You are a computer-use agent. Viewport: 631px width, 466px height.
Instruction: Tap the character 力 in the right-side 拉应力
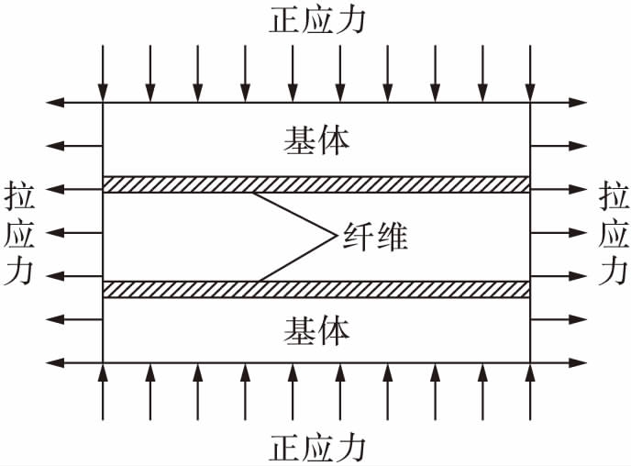(x=614, y=273)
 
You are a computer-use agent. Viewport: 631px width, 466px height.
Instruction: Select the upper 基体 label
(x=316, y=140)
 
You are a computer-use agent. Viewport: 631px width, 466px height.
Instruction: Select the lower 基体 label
(x=316, y=328)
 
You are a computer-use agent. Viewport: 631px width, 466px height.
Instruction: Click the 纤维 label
(x=373, y=237)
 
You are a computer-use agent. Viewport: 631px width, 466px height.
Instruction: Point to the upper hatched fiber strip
(x=316, y=184)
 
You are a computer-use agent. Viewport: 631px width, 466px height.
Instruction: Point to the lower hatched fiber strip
(x=316, y=289)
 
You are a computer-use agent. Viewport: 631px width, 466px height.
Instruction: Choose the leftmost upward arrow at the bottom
(x=102, y=392)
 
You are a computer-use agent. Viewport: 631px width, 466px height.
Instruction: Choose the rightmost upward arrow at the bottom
(x=530, y=392)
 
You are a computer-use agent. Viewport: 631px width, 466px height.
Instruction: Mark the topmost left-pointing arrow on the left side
(x=73, y=103)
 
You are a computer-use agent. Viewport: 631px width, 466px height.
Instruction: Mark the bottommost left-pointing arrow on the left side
(x=73, y=362)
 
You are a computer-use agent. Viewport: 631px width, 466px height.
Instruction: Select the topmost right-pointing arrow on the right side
(x=559, y=103)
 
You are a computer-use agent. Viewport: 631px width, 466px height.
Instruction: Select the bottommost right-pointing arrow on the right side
(x=559, y=362)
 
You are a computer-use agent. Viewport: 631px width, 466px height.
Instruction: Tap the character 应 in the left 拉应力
(x=18, y=236)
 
